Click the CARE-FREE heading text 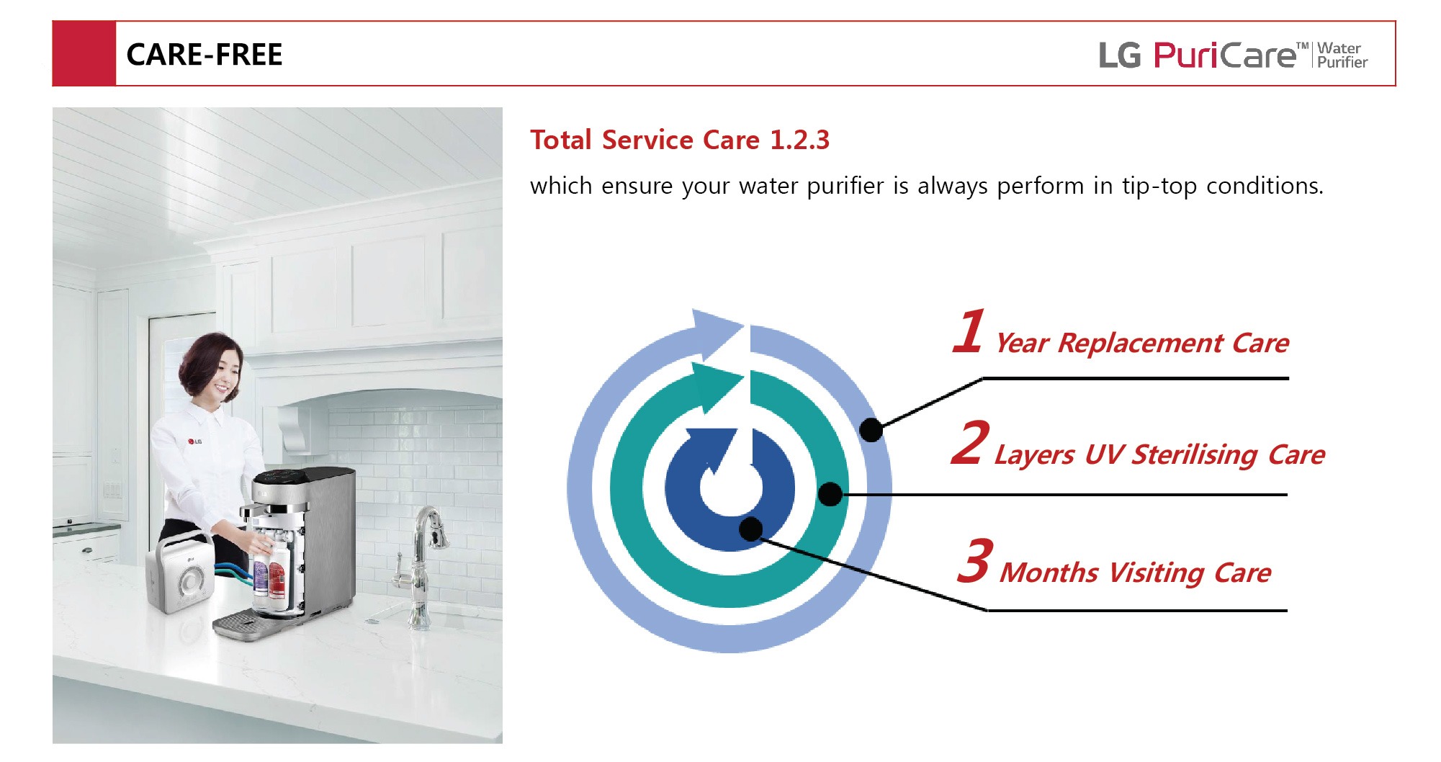pos(205,55)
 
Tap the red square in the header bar pos(84,54)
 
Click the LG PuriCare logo pos(1232,55)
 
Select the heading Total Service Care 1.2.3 pos(679,140)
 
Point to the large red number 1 pos(969,332)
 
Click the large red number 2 pos(969,443)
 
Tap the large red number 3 pos(976,560)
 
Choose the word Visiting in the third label pos(1157,573)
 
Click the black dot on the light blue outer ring pos(871,430)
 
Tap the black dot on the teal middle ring pos(830,494)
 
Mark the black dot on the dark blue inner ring pos(751,529)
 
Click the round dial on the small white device pos(192,581)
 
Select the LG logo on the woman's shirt pos(194,441)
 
